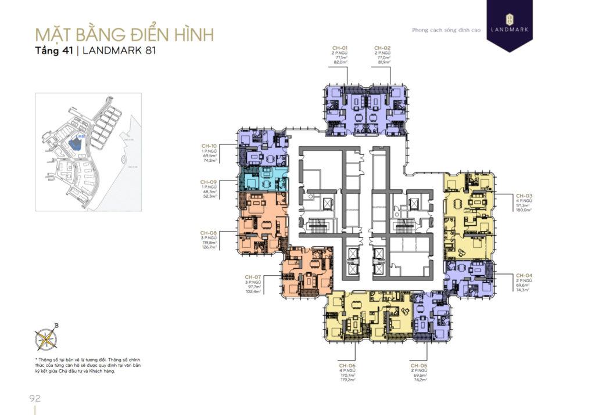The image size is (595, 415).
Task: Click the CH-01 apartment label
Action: click(x=340, y=47)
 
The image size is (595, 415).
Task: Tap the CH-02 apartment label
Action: click(x=382, y=47)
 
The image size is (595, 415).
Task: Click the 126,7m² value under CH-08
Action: click(x=209, y=247)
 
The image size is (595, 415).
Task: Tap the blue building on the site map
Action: click(x=75, y=143)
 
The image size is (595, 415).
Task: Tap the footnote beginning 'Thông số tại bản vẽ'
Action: click(x=87, y=366)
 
